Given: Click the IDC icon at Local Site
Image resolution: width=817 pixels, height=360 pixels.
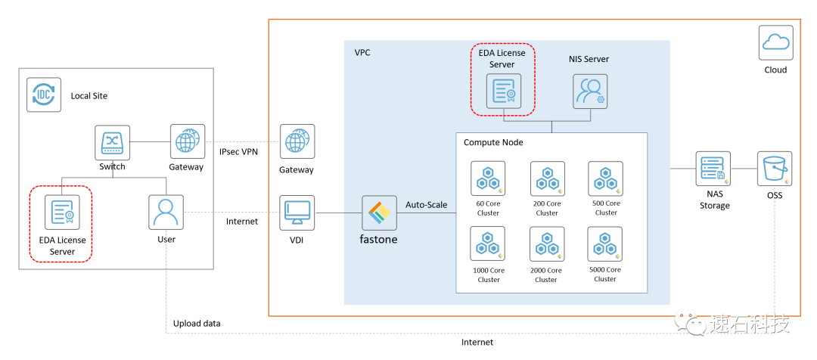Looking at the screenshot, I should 44,95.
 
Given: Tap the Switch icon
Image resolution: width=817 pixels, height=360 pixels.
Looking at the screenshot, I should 113,142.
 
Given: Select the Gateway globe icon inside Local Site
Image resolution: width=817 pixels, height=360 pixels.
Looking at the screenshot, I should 186,141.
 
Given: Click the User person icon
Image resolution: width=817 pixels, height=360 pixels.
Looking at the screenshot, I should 166,213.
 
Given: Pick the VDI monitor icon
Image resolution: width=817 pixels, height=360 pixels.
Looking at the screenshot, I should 297,213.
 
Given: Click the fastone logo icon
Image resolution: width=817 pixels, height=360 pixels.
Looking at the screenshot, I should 378,213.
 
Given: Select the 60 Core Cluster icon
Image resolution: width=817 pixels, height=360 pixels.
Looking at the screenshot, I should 488,179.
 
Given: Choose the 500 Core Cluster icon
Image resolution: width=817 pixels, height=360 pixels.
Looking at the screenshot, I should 605,179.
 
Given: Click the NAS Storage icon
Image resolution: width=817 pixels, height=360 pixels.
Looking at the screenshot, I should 713,169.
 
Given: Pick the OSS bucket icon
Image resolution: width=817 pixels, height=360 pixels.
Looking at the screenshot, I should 775,169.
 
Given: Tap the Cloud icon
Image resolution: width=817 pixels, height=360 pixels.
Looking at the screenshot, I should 775,42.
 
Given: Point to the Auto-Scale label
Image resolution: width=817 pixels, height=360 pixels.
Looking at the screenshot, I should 427,205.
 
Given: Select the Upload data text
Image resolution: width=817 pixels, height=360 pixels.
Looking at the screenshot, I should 197,323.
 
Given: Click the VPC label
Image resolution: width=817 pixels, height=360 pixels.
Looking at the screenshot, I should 362,53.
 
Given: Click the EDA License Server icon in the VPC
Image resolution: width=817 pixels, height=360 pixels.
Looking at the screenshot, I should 503,91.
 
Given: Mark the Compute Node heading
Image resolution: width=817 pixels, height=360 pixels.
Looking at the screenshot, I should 493,142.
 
